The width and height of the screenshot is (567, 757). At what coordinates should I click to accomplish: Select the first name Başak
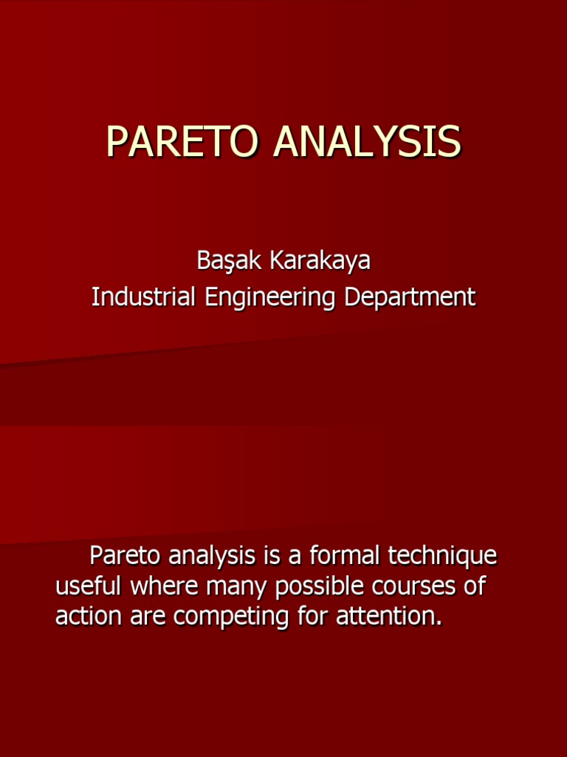pos(230,260)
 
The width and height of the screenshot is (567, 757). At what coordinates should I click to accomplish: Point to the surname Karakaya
pos(319,260)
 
